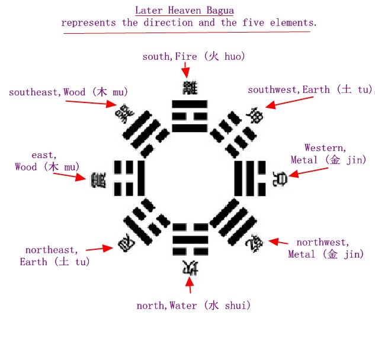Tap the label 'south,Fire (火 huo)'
tap(194, 57)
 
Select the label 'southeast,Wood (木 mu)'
tap(68, 92)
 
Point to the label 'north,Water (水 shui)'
tap(194, 306)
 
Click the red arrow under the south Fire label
tap(186, 70)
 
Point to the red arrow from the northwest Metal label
tap(278, 242)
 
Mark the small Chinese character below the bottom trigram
tap(190, 267)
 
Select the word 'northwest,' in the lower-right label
tap(323, 243)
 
